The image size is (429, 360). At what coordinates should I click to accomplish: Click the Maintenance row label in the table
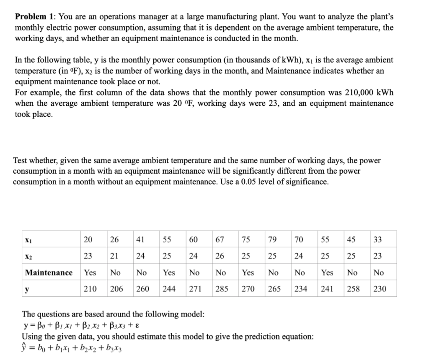point(49,273)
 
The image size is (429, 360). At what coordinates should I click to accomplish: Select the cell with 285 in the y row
point(222,289)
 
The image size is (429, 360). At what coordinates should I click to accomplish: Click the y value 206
point(117,289)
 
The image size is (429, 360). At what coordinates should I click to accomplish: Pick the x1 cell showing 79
point(273,240)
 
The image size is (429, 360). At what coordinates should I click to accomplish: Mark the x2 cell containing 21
point(114,256)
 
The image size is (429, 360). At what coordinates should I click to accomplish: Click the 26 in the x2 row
point(219,256)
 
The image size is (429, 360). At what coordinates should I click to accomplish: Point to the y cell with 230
point(380,289)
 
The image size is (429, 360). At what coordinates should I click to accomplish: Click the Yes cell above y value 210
point(90,273)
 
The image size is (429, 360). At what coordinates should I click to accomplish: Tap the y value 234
point(300,289)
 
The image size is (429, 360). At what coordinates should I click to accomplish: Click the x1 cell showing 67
point(219,240)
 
